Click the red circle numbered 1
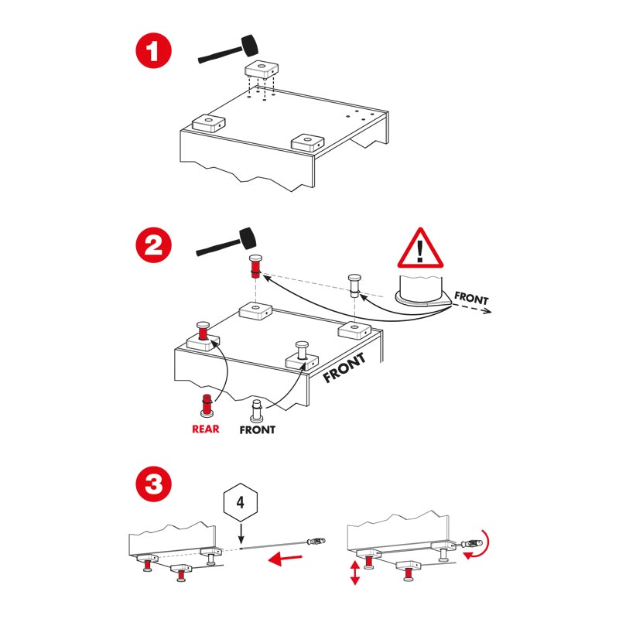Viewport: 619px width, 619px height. (153, 50)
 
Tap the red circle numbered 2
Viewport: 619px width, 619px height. (153, 245)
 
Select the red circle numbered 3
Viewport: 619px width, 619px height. (153, 484)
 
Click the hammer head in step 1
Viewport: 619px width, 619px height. (249, 45)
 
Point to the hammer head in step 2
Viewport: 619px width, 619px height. (247, 239)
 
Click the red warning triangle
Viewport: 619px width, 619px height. (420, 248)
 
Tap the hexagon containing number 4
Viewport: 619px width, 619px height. (241, 502)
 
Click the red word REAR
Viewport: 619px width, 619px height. (205, 429)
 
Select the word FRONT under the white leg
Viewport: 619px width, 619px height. (258, 429)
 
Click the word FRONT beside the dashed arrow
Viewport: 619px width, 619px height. (471, 298)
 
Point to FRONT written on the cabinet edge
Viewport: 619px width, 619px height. (344, 368)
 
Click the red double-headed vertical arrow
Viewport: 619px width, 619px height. (355, 573)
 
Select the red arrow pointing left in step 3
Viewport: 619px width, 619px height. (285, 559)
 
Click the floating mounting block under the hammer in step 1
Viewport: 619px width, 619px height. (262, 70)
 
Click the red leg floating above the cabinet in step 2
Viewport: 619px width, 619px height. (255, 266)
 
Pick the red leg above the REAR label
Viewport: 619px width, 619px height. (206, 405)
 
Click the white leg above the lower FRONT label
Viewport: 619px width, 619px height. (257, 411)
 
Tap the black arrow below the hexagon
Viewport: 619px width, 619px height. (241, 533)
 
